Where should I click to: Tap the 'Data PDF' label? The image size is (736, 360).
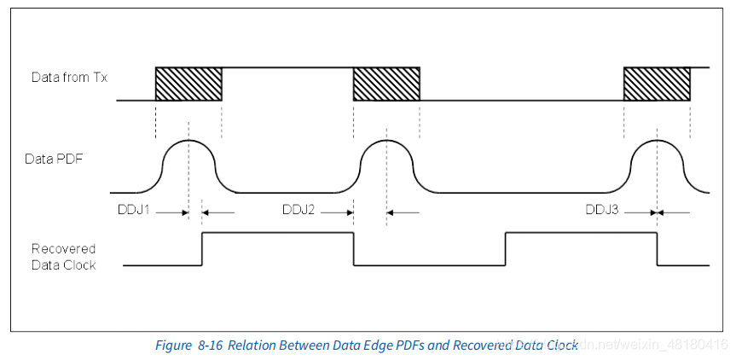tap(57, 158)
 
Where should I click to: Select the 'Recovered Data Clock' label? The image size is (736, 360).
tap(63, 257)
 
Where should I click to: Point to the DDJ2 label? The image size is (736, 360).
tap(299, 209)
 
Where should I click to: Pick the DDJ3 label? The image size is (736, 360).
tap(603, 209)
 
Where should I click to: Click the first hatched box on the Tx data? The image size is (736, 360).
tap(188, 84)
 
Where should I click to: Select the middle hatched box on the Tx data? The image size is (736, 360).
tap(386, 84)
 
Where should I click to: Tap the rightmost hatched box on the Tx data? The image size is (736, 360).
tap(657, 84)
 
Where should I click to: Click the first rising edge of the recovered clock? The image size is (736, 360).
tap(201, 249)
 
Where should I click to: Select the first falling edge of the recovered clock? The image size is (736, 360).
tap(353, 249)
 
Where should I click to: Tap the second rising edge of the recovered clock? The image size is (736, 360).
tap(506, 249)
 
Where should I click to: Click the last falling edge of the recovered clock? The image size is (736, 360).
tap(657, 249)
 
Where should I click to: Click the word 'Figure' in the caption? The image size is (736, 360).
tap(174, 345)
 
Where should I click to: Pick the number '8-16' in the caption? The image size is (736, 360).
tap(211, 345)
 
